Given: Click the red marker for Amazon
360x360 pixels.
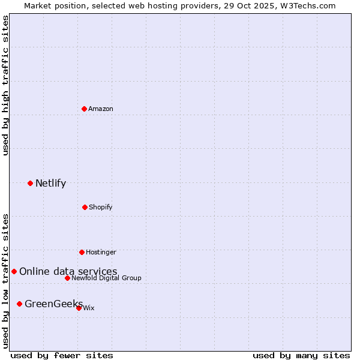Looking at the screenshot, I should tap(84, 109).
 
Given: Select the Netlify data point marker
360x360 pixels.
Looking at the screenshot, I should tap(30, 183).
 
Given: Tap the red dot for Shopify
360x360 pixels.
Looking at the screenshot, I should tap(85, 207).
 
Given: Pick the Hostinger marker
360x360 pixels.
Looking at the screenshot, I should tap(82, 252).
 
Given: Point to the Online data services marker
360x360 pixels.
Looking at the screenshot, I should tap(14, 271).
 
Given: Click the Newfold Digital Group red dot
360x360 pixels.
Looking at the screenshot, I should tap(67, 278).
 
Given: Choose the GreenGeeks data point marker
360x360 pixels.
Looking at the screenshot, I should tap(19, 304).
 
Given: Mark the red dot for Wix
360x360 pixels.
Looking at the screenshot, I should tap(79, 308).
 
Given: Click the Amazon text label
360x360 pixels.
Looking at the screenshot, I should tap(101, 109).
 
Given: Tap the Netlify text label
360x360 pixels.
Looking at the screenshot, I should tap(50, 184).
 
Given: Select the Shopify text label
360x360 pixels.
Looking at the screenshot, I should tap(101, 207).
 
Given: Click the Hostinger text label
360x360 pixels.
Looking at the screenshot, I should tap(101, 252).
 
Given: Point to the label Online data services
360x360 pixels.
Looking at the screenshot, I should tap(68, 272).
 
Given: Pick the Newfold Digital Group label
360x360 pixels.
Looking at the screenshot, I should tap(106, 278).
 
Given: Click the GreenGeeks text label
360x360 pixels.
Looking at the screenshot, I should tap(53, 304).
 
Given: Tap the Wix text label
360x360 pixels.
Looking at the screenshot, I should tap(89, 308).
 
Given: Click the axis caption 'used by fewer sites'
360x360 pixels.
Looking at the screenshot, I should tap(62, 355).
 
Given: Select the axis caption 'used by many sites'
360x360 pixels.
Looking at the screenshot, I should tap(301, 355).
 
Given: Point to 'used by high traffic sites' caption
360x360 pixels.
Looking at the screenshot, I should tap(6, 85).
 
